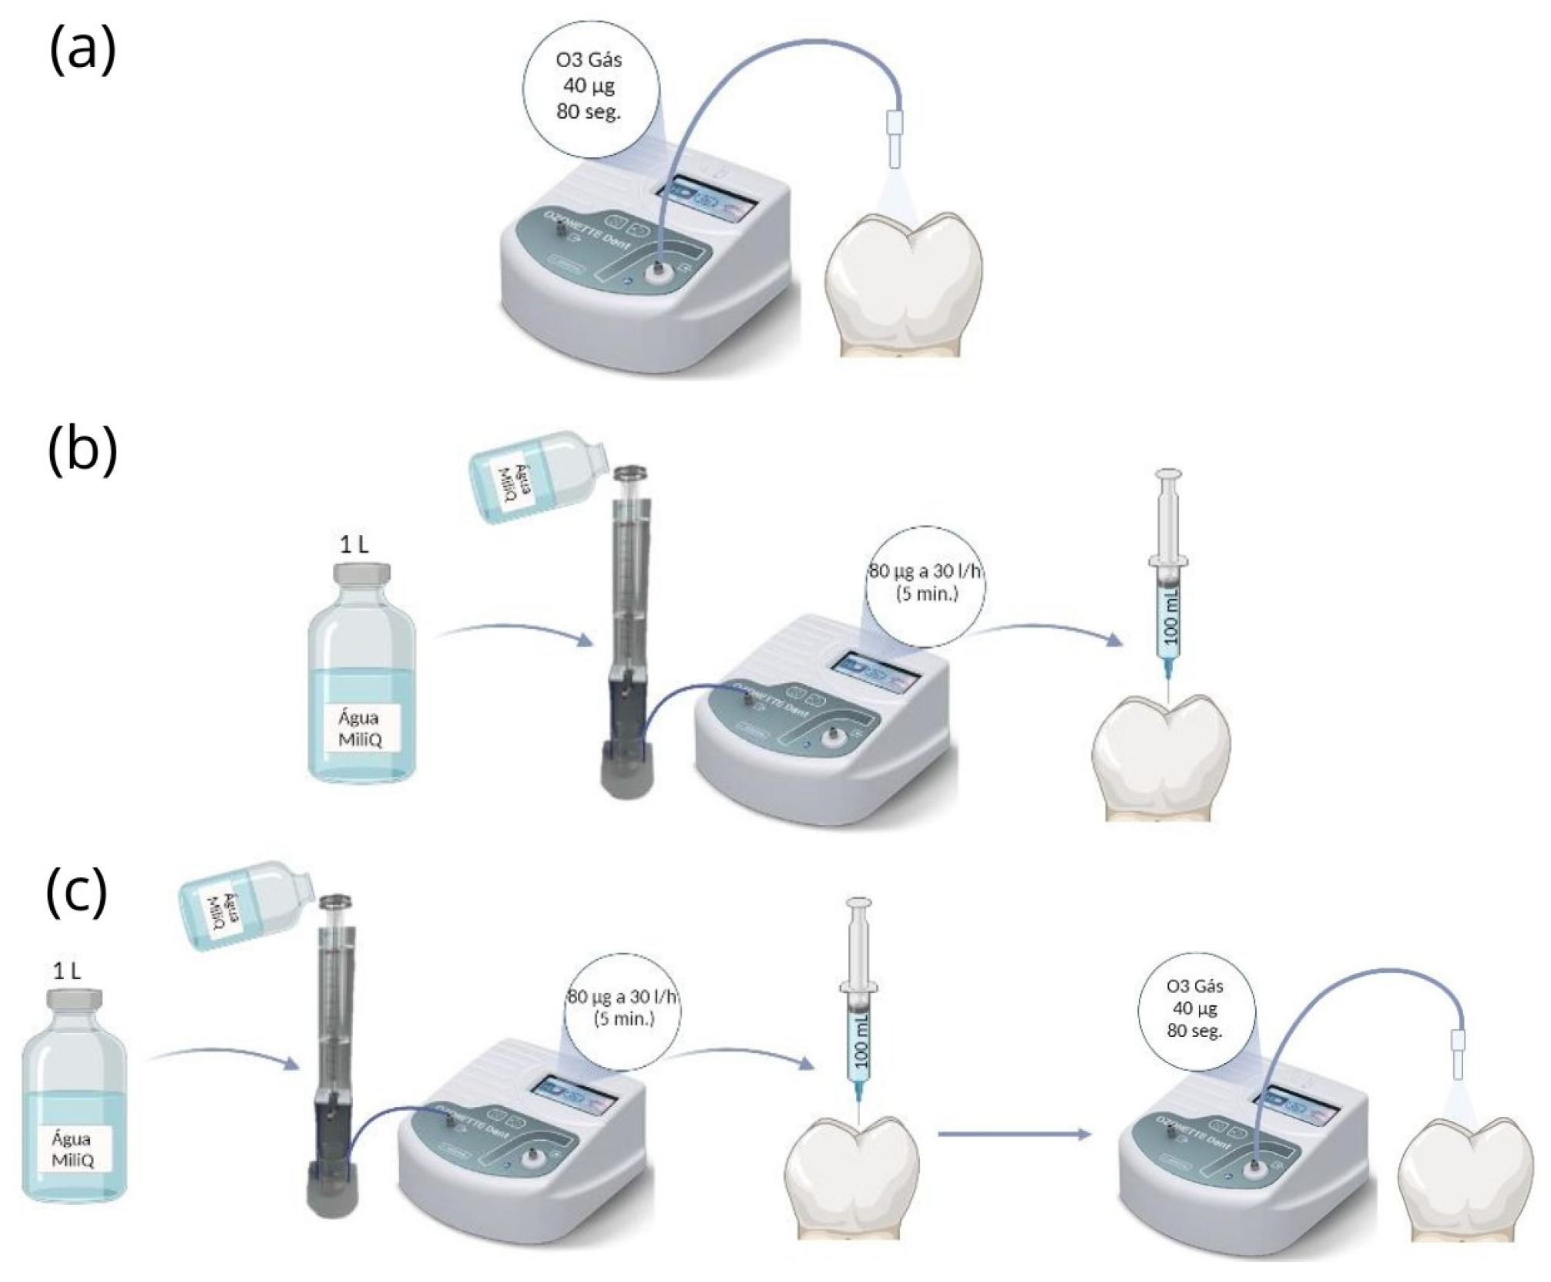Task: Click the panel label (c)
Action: pyautogui.click(x=76, y=892)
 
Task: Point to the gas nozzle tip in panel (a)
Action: pyautogui.click(x=894, y=140)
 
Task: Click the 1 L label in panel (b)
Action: pyautogui.click(x=354, y=545)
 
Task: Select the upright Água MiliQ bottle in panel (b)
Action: pyautogui.click(x=361, y=678)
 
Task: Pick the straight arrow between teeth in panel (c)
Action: pyautogui.click(x=1013, y=1134)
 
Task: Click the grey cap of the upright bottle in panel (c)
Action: pyautogui.click(x=73, y=1003)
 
